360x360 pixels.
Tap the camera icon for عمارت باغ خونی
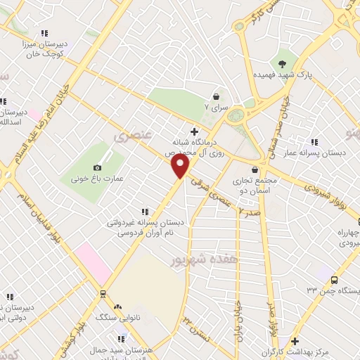point(97,167)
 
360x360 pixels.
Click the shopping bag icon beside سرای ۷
point(216,97)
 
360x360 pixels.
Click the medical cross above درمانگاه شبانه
point(194,131)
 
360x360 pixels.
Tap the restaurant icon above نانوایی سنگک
point(117,307)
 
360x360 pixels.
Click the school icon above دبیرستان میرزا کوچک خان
point(45,33)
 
